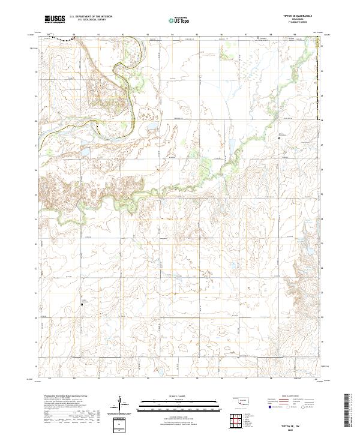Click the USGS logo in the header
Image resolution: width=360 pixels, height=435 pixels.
(x=53, y=19)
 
